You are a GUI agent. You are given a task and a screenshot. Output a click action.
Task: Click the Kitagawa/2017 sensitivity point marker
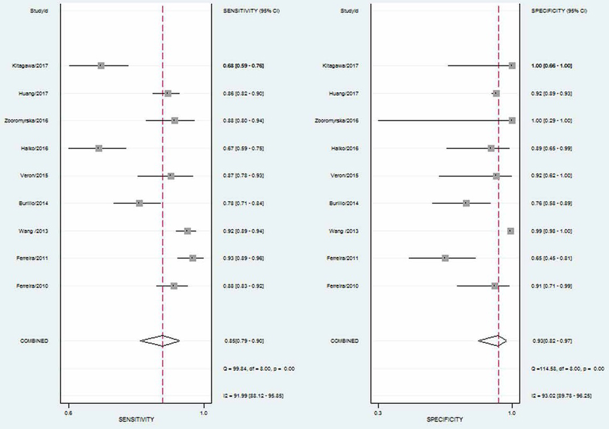pyautogui.click(x=101, y=65)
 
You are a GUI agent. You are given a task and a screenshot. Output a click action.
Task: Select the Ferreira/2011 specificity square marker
pyautogui.click(x=445, y=258)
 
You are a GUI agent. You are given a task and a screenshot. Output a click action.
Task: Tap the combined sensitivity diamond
pyautogui.click(x=160, y=341)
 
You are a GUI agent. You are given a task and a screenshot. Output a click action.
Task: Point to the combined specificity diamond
pyautogui.click(x=493, y=341)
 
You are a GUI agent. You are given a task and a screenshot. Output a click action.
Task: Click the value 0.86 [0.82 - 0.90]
pyautogui.click(x=244, y=93)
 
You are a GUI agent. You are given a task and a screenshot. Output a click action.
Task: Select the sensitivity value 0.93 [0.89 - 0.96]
pyautogui.click(x=244, y=258)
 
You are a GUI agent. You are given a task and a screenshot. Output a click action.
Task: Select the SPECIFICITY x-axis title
pyautogui.click(x=445, y=419)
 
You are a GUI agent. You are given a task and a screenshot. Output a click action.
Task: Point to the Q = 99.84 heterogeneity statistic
pyautogui.click(x=259, y=368)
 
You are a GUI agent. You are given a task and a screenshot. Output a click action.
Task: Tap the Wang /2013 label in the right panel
pyautogui.click(x=344, y=231)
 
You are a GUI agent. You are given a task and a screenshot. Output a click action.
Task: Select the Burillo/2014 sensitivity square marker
pyautogui.click(x=139, y=203)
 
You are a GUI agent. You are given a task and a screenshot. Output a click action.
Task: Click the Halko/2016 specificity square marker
pyautogui.click(x=491, y=148)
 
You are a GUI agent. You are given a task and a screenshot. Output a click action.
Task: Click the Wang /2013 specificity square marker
pyautogui.click(x=511, y=231)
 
